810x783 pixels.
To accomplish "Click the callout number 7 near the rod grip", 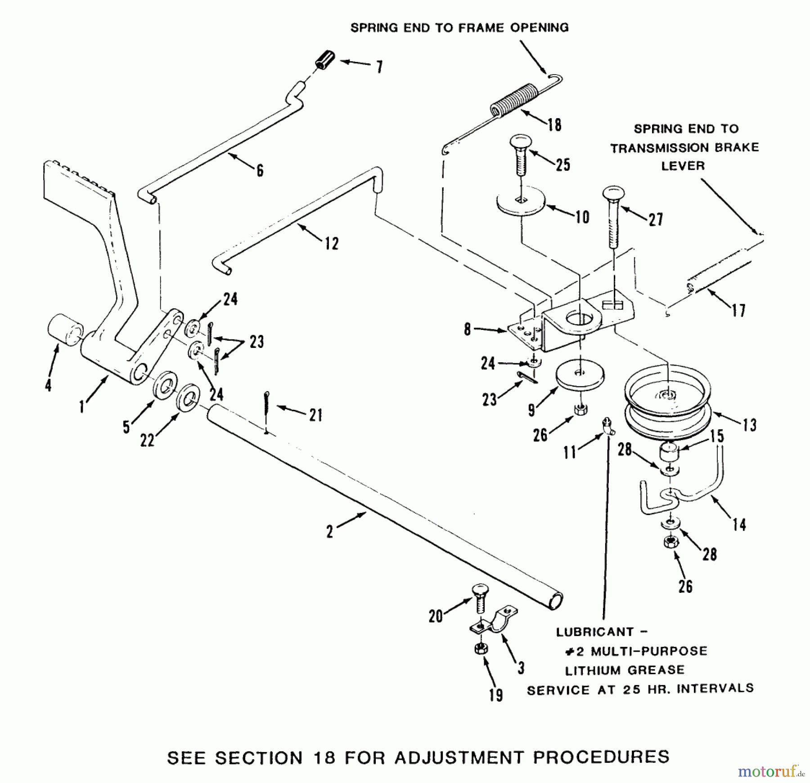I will pos(379,67).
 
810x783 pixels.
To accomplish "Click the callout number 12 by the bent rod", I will pos(332,244).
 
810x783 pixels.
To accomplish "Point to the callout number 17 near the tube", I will pos(738,310).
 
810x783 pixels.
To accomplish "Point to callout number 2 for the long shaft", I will pos(330,532).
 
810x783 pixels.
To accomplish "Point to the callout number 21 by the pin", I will pos(316,414).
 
